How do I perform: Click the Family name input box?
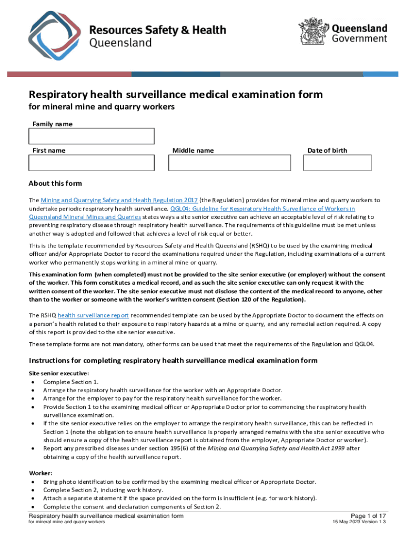(x=91, y=136)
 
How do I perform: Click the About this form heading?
(x=55, y=184)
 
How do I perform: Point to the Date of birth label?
(x=327, y=151)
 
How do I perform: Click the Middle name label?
(x=193, y=151)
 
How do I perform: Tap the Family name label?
(x=53, y=124)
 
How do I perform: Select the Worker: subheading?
(x=40, y=473)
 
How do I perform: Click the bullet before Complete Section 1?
(x=34, y=382)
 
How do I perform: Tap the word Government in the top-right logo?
(x=359, y=38)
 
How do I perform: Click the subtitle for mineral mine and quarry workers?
(x=101, y=107)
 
